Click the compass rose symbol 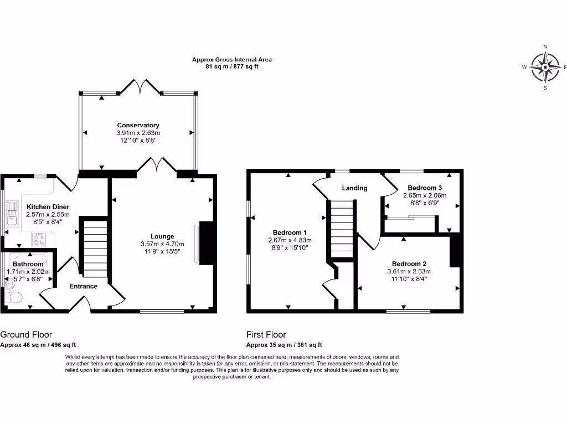pyautogui.click(x=545, y=67)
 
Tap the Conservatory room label pyautogui.click(x=138, y=125)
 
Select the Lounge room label pyautogui.click(x=162, y=236)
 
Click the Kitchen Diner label pyautogui.click(x=48, y=207)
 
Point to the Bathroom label pyautogui.click(x=28, y=265)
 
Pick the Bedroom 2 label pyautogui.click(x=409, y=263)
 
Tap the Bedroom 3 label pyautogui.click(x=425, y=188)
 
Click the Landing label pyautogui.click(x=354, y=188)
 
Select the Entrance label pyautogui.click(x=83, y=286)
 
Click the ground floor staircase pyautogui.click(x=95, y=248)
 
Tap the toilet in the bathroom pyautogui.click(x=13, y=297)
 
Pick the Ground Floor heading pyautogui.click(x=26, y=334)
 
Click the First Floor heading pyautogui.click(x=266, y=334)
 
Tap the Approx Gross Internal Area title pyautogui.click(x=231, y=59)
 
